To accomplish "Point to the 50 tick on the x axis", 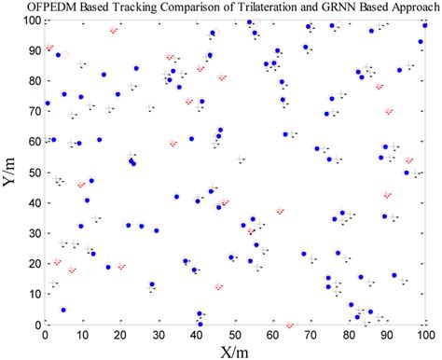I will click(x=236, y=333).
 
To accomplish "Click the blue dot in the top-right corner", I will click(x=424, y=25).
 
